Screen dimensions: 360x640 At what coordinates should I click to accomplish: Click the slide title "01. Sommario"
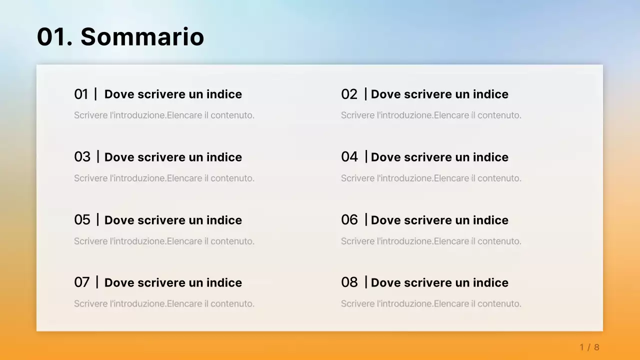coord(120,37)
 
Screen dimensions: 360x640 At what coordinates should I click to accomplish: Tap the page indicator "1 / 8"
coord(589,347)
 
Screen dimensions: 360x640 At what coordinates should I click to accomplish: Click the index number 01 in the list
coord(81,94)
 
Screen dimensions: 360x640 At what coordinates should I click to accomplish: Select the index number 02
coord(349,94)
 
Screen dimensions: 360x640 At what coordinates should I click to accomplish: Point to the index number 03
coord(82,157)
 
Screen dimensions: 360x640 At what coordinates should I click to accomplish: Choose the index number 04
coord(349,157)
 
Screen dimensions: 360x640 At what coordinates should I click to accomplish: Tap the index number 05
coord(82,220)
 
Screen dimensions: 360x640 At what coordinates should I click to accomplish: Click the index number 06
coord(349,220)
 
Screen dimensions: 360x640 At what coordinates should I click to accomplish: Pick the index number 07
coord(81,282)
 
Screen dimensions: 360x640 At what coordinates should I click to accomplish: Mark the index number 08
coord(349,282)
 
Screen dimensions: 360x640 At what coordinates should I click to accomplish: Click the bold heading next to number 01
coord(173,94)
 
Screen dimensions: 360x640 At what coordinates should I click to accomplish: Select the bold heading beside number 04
coord(439,157)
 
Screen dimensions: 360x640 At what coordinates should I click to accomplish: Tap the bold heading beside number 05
coord(173,220)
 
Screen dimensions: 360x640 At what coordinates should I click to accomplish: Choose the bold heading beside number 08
coord(439,282)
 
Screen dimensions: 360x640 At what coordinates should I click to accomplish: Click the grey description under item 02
coord(431,115)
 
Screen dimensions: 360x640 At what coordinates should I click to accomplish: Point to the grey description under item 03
coord(164,178)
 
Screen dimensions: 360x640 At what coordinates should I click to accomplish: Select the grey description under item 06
coord(431,241)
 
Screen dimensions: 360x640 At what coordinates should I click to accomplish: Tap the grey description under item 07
coord(164,304)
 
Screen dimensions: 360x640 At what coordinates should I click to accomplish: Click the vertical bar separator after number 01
coord(95,93)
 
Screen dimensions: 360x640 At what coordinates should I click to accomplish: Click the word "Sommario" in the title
coord(142,37)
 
